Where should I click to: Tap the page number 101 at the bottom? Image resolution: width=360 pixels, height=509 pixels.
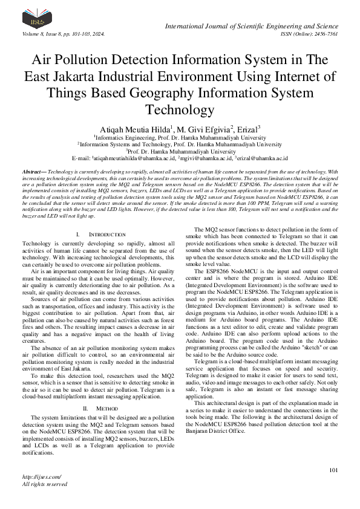pyautogui.click(x=332, y=470)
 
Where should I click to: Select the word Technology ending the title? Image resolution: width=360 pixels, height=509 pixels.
pyautogui.click(x=180, y=110)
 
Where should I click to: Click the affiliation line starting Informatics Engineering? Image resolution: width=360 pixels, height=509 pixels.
pyautogui.click(x=181, y=137)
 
